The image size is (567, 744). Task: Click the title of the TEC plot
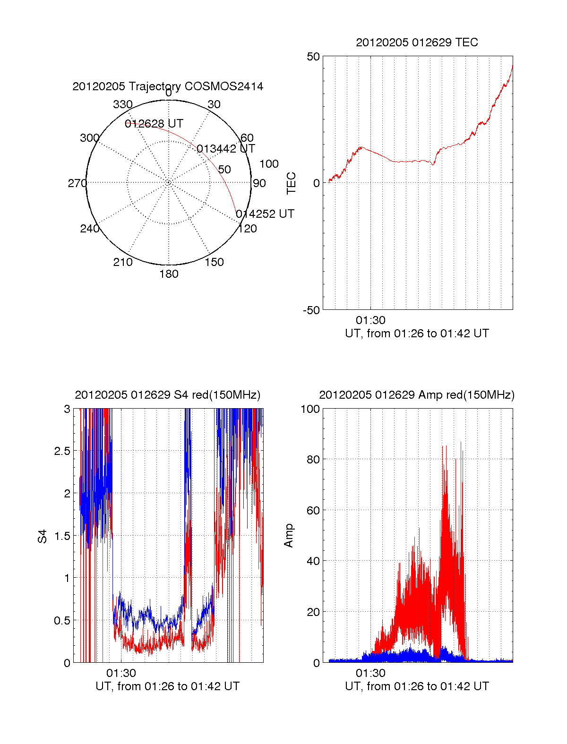(417, 43)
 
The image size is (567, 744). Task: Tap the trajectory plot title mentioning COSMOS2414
(168, 86)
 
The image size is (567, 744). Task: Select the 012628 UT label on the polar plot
(154, 124)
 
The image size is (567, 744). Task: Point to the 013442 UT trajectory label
(226, 149)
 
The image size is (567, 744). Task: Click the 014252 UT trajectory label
(265, 214)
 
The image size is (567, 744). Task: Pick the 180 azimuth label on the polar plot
(169, 274)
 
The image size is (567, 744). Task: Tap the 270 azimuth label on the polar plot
(77, 183)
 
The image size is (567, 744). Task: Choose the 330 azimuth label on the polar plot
(123, 104)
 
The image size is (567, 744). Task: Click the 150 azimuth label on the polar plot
(214, 262)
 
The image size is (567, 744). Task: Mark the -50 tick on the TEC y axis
(311, 310)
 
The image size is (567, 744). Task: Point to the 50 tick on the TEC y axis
(313, 57)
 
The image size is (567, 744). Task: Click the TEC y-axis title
(292, 183)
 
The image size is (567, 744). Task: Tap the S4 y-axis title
(43, 536)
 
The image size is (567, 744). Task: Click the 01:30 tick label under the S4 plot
(121, 673)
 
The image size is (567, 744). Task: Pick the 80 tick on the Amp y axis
(313, 459)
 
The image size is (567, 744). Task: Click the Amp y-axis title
(289, 535)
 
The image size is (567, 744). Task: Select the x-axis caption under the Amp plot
(417, 686)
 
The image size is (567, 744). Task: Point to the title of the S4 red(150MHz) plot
(167, 395)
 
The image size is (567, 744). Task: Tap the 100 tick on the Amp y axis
(310, 409)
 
